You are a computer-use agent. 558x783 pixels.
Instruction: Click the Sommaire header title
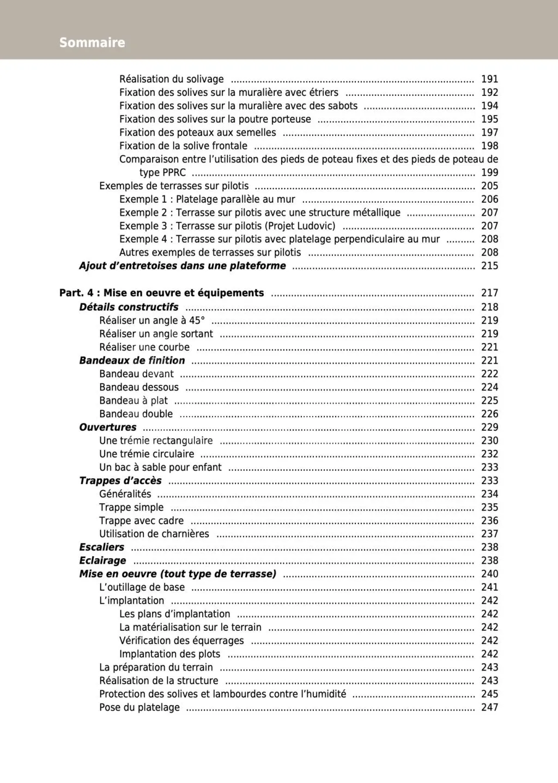[92, 43]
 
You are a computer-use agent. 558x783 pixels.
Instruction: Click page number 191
[489, 79]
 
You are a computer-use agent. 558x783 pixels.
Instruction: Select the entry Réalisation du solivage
[172, 79]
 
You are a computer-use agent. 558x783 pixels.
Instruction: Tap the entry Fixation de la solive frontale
[183, 146]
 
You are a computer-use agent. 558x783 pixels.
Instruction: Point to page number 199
[489, 172]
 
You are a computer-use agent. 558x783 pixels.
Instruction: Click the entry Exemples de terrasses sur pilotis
[174, 186]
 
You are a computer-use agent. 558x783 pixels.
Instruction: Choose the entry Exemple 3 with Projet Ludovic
[227, 226]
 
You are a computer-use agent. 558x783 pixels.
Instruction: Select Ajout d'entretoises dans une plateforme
[182, 266]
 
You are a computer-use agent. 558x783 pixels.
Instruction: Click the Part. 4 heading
[161, 293]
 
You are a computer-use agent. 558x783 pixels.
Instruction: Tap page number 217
[489, 293]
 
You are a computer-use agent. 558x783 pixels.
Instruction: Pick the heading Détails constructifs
[129, 307]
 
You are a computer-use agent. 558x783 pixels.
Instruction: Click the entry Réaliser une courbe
[144, 347]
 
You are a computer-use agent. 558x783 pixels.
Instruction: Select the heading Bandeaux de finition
[132, 360]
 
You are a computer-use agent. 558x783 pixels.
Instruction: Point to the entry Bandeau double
[136, 414]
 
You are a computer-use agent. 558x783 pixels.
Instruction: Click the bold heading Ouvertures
[108, 427]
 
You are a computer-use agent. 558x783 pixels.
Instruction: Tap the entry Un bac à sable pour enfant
[160, 467]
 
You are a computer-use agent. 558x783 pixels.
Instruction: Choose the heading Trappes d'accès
[120, 480]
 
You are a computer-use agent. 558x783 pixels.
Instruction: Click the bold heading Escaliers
[102, 547]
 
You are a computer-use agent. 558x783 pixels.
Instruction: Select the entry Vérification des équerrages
[181, 640]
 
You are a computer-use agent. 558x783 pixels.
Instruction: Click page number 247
[489, 707]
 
